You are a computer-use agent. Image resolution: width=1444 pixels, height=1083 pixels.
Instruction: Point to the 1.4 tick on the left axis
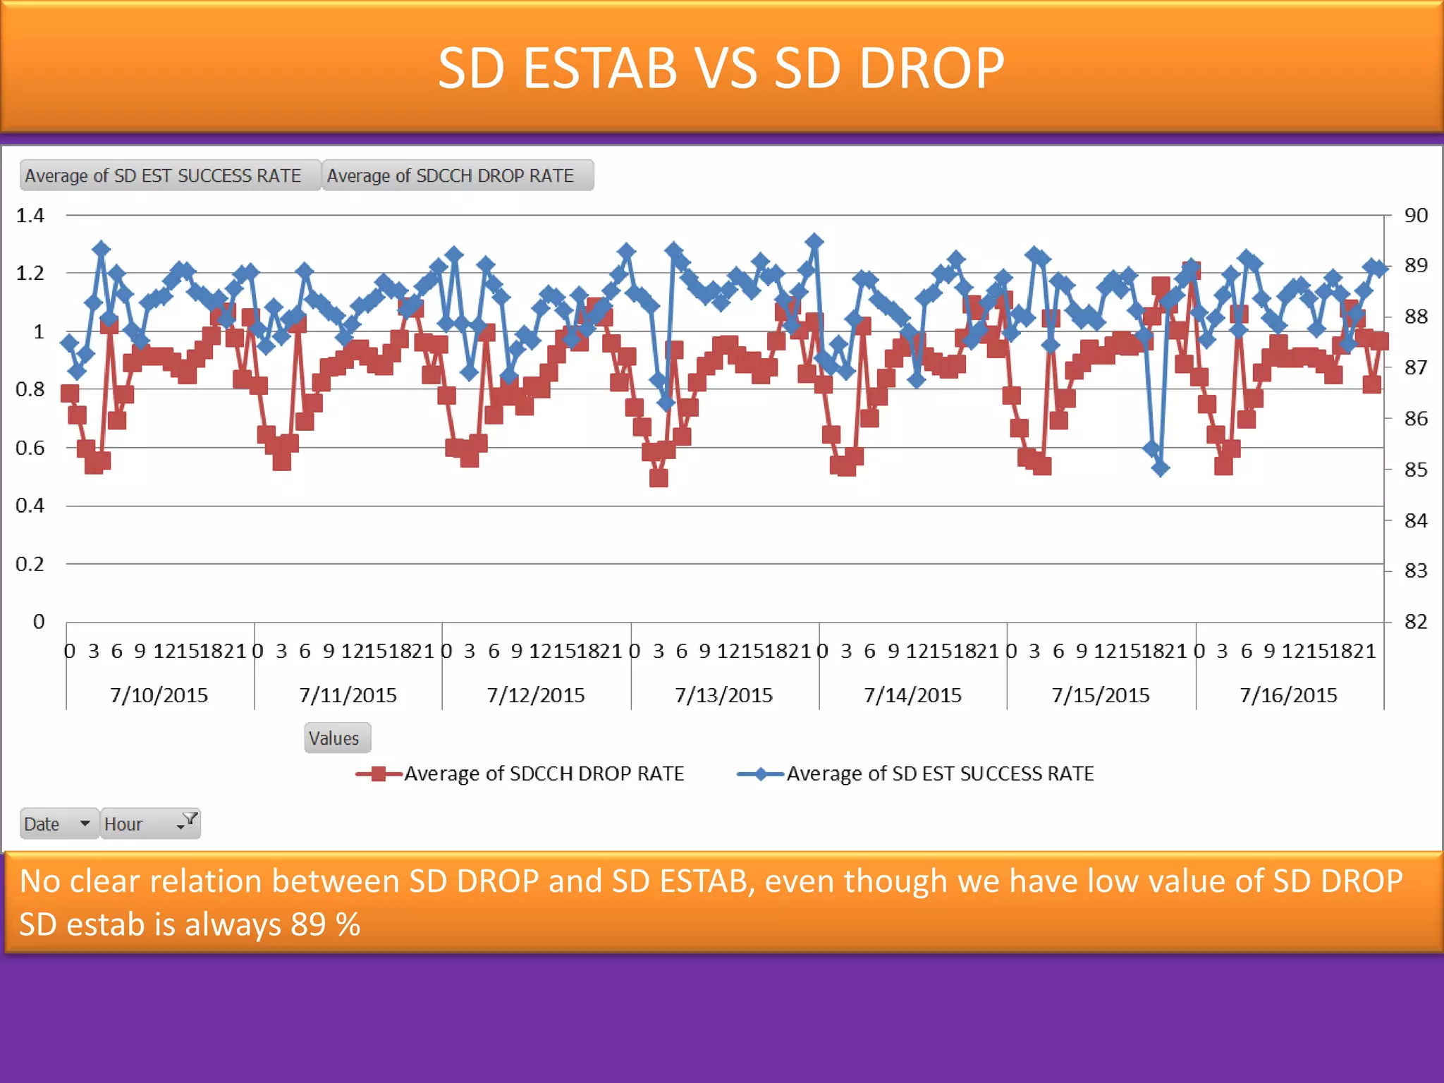click(x=30, y=215)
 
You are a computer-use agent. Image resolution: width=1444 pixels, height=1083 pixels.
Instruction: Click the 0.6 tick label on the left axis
click(x=30, y=448)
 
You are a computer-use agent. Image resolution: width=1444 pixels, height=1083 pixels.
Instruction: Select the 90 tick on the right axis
click(x=1415, y=215)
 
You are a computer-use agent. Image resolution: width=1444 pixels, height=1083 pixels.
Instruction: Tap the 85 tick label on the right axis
click(x=1415, y=470)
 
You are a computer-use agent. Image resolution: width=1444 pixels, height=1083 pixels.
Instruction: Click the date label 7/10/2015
click(x=159, y=695)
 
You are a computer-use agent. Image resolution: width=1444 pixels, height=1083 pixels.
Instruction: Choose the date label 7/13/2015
click(x=723, y=695)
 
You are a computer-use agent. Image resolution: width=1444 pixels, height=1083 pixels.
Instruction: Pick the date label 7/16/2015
click(x=1288, y=695)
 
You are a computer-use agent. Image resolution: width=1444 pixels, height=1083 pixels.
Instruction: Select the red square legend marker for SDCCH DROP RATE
click(x=379, y=774)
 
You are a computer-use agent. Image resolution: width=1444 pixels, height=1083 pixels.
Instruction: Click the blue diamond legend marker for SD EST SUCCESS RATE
click(x=761, y=774)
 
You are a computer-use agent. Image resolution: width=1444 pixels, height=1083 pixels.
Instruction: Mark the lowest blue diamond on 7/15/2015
click(x=1161, y=467)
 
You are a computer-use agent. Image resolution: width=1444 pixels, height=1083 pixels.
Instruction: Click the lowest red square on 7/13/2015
click(x=659, y=478)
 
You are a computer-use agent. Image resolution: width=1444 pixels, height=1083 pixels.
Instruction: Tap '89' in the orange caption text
click(x=308, y=924)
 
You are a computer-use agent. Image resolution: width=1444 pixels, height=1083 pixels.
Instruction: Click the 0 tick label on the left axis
click(x=39, y=622)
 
